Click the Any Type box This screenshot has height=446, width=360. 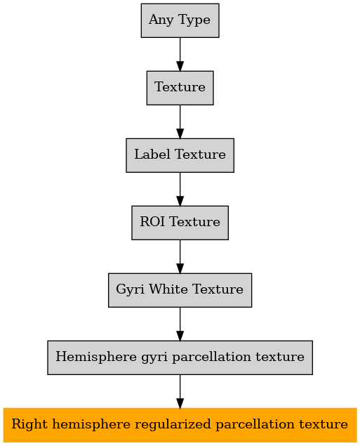click(180, 20)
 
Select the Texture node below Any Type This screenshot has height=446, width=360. click(180, 88)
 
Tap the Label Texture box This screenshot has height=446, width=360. click(180, 155)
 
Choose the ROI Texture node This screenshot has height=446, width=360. click(180, 223)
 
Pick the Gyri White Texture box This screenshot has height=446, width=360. click(180, 290)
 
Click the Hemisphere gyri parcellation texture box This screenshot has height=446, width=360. click(180, 358)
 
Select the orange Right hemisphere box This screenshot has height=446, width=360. click(180, 425)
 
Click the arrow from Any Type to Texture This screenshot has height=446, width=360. click(180, 54)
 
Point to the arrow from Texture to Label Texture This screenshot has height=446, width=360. click(180, 122)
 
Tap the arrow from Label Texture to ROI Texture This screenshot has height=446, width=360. click(180, 189)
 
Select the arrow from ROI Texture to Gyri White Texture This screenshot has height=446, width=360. click(180, 256)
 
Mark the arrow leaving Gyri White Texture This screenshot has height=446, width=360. click(180, 324)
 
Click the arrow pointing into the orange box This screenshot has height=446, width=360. click(180, 391)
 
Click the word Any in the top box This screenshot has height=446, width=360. click(161, 20)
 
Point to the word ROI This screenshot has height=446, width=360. click(152, 221)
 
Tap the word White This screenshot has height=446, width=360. click(168, 289)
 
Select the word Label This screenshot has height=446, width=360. click(152, 154)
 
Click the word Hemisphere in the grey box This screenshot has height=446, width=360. click(96, 357)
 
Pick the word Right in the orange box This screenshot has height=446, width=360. click(30, 425)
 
